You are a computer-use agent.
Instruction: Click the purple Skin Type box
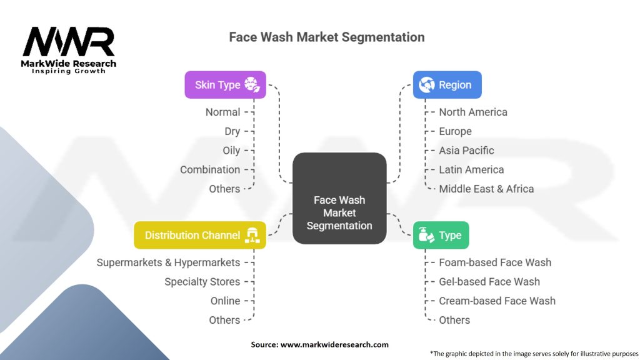click(225, 85)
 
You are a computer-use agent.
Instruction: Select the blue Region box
click(447, 85)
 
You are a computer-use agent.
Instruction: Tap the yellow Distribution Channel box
click(200, 236)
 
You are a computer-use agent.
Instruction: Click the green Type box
click(441, 236)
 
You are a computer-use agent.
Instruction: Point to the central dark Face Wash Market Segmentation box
click(339, 198)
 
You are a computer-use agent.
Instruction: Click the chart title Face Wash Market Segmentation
click(327, 37)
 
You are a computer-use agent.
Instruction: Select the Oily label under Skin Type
click(231, 151)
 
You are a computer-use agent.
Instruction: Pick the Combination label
click(210, 169)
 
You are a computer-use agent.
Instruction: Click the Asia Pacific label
click(466, 151)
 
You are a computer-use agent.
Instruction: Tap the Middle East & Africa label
click(486, 189)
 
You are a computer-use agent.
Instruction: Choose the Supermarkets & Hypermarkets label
click(168, 262)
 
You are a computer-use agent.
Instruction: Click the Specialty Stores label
click(202, 282)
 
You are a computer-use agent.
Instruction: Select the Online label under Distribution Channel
click(225, 301)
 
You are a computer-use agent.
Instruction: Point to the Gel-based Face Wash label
click(489, 282)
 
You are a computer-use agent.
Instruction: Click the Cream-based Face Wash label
click(497, 301)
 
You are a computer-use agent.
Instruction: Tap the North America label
click(473, 112)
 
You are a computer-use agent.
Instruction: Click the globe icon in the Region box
click(427, 85)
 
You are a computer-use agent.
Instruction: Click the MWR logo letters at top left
click(69, 42)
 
